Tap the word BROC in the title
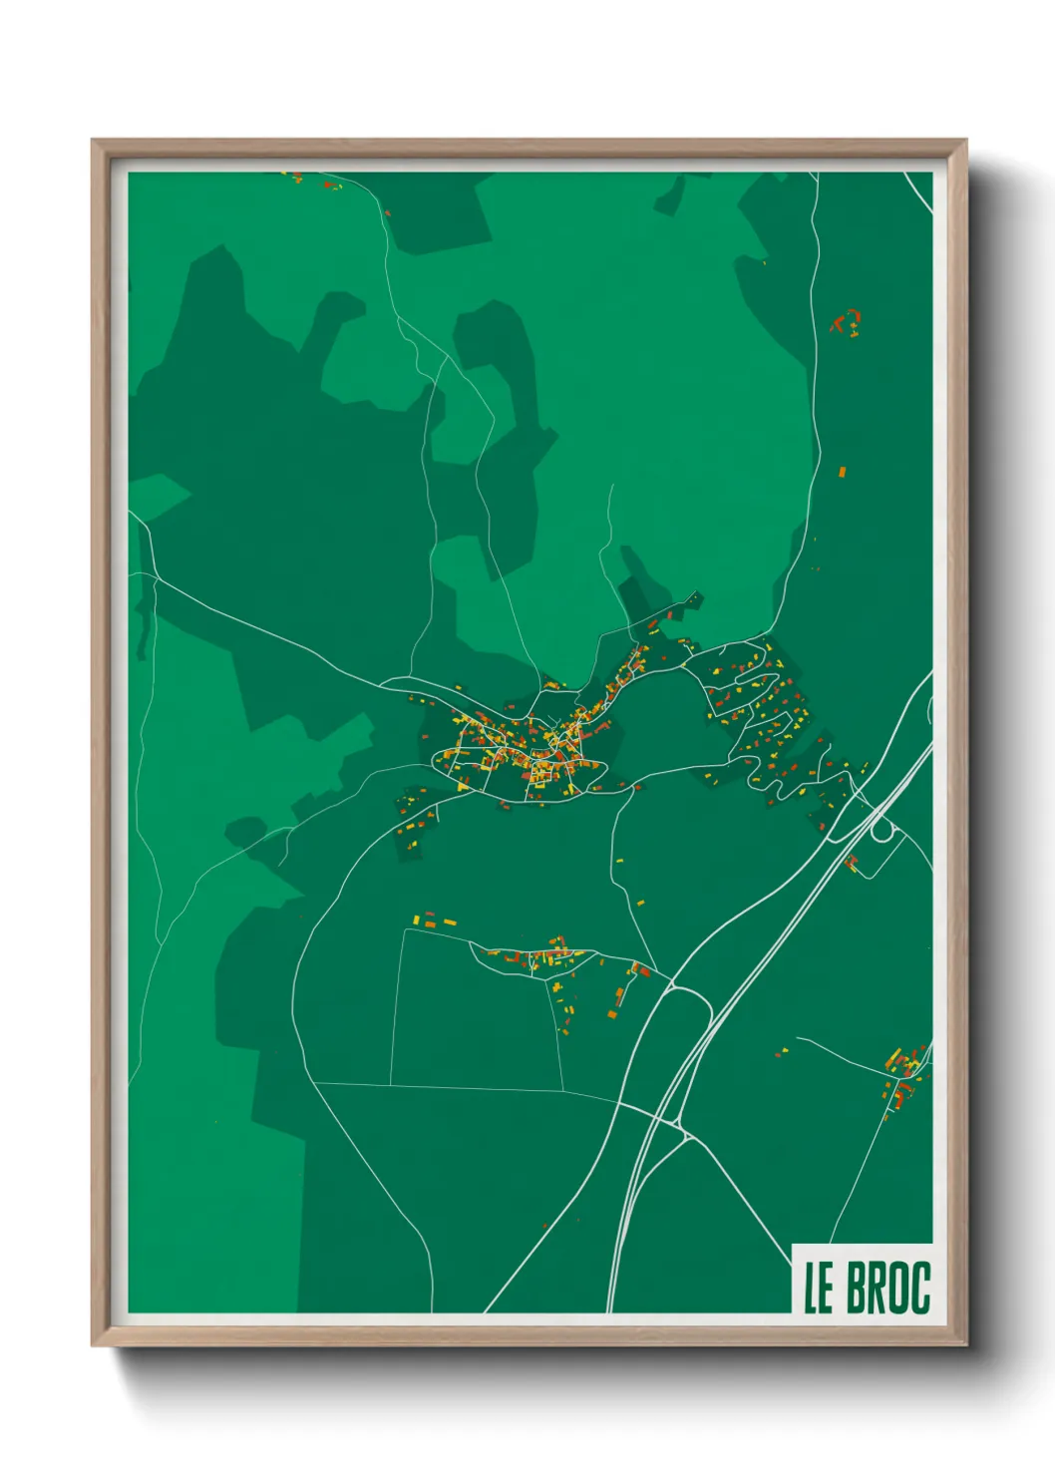(x=888, y=1288)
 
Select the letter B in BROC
(x=857, y=1288)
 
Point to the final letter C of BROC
(x=920, y=1288)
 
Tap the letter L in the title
(x=812, y=1288)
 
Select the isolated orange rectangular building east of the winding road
(x=842, y=471)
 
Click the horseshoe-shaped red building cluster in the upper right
(x=846, y=321)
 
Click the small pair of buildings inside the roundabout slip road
(x=851, y=863)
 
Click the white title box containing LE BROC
(x=863, y=1279)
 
